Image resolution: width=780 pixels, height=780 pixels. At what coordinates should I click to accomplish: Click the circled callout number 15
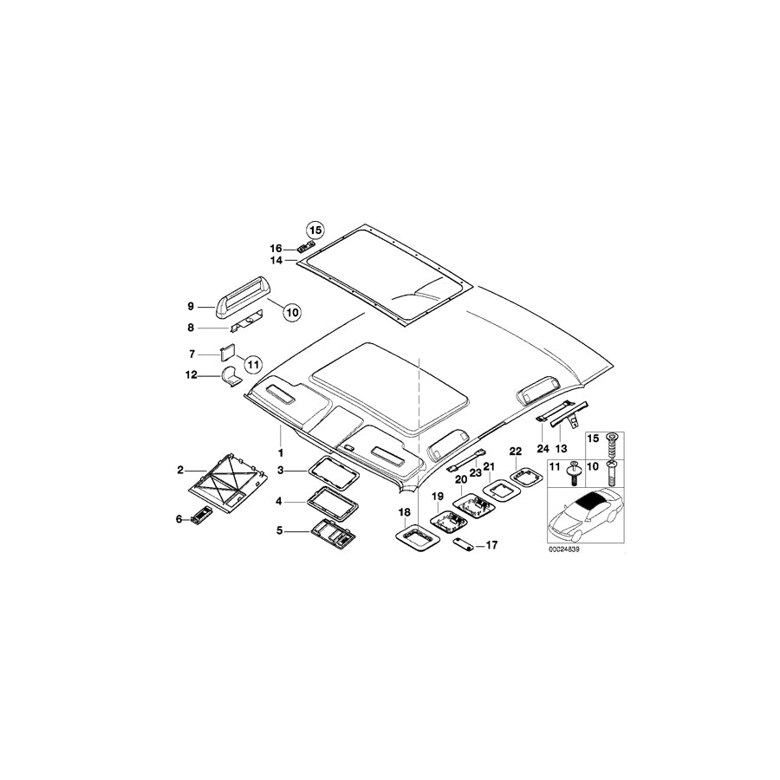tap(315, 231)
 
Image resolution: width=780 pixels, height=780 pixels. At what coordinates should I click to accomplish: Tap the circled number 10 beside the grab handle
tap(292, 312)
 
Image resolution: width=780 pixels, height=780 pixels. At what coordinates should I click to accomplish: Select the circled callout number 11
tap(253, 365)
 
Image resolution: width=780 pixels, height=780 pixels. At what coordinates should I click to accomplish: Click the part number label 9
tap(191, 307)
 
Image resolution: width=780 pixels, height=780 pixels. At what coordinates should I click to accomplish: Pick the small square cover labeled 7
tap(228, 353)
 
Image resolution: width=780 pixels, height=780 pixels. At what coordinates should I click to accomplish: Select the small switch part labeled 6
tap(200, 514)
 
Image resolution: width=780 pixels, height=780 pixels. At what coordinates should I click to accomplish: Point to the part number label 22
tap(516, 452)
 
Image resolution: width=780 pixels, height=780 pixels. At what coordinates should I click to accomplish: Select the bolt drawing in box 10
tap(611, 473)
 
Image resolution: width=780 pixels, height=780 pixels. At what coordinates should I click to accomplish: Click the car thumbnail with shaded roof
tap(585, 514)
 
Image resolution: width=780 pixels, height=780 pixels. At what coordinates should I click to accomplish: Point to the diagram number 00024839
tap(564, 549)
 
